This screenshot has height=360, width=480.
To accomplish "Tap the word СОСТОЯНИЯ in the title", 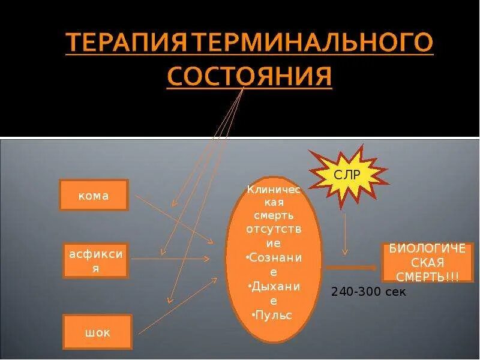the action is coord(249,77).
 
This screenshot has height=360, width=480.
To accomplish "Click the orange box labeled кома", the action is coord(94,195).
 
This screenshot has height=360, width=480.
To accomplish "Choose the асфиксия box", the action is coord(95,261).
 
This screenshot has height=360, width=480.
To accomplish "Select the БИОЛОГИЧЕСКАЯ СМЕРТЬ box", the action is coord(427,263).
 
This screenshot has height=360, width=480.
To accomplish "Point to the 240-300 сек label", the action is coord(368,292).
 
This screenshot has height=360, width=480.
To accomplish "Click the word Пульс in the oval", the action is coord(274,314).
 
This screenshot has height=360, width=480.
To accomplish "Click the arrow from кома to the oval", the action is coord(174,218).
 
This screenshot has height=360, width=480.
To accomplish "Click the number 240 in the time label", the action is coord(341,292).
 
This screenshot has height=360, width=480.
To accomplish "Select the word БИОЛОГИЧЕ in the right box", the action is coord(427,249).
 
